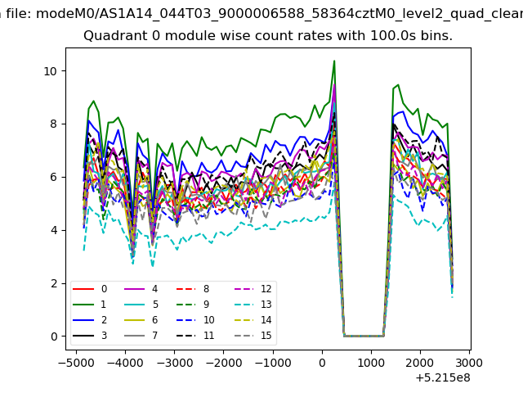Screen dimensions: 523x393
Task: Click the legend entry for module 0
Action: tap(89, 289)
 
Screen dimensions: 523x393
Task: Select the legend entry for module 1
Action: tap(89, 305)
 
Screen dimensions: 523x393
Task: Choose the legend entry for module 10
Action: tap(195, 320)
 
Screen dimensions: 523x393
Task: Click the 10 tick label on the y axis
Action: tap(51, 71)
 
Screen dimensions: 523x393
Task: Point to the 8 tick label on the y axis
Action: tap(54, 124)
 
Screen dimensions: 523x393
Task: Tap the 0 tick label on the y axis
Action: tap(54, 337)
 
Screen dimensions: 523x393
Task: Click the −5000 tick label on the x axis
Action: tap(76, 363)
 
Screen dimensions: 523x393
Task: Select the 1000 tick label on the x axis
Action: tap(371, 363)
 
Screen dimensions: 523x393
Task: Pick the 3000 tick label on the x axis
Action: tap(469, 363)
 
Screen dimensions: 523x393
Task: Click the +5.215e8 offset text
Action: tap(443, 378)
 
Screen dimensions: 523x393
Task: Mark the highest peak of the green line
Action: tap(334, 61)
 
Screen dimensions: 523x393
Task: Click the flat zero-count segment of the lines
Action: tap(364, 336)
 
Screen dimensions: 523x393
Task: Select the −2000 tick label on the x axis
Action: tap(223, 363)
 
